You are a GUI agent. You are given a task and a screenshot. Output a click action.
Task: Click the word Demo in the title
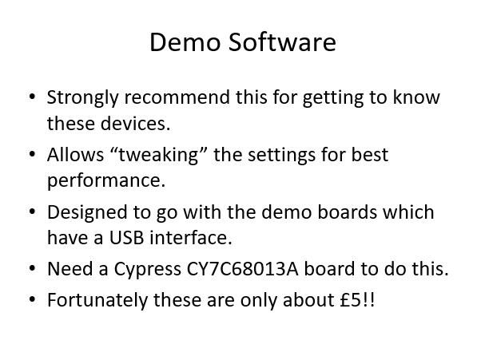[x=185, y=42]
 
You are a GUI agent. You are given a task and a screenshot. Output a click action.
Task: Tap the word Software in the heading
[x=282, y=42]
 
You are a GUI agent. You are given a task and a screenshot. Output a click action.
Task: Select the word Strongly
[x=82, y=98]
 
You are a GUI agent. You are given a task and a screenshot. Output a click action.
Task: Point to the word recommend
[x=177, y=97]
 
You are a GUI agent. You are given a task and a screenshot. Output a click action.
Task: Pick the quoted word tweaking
[x=158, y=156]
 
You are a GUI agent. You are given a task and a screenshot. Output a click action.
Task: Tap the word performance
[x=106, y=181]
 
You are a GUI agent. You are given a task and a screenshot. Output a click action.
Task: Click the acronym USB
[x=126, y=238]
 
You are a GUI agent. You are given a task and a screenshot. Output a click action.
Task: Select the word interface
[x=190, y=238]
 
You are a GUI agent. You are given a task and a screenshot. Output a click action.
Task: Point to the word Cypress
[x=147, y=270]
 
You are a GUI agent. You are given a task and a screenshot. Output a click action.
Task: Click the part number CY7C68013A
[x=243, y=269]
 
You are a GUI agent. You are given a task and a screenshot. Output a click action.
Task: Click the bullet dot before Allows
[x=32, y=154]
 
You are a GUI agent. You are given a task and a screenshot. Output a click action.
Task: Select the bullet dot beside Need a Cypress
[x=32, y=268]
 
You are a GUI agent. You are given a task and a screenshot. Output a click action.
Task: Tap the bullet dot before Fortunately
[x=32, y=300]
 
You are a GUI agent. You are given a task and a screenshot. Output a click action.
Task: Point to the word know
[x=416, y=97]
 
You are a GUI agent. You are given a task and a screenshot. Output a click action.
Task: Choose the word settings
[x=281, y=156]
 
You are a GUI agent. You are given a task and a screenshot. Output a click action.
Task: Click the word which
[x=408, y=212]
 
